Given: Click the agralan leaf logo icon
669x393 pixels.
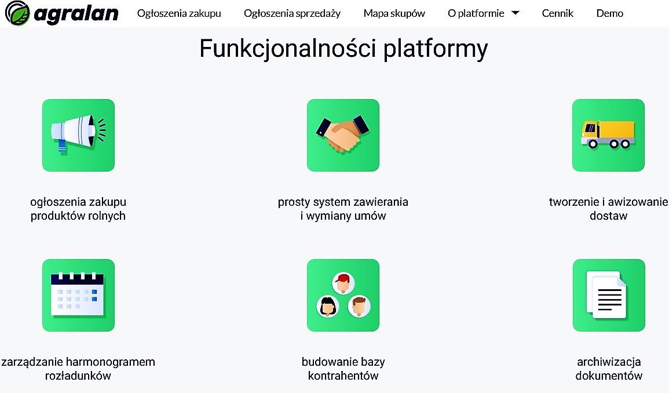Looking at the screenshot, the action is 17,13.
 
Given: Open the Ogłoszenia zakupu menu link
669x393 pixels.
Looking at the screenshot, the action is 179,13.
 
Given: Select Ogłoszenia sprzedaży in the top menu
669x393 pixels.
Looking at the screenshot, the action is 293,13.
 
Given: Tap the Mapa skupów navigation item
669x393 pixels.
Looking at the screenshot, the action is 394,13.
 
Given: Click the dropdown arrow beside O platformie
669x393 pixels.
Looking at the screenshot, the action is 516,13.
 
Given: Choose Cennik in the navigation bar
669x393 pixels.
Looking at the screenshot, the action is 558,13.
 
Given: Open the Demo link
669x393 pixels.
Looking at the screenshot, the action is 610,13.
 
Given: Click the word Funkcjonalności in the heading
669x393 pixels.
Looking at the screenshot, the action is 288,48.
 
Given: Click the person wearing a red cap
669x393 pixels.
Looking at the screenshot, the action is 343,283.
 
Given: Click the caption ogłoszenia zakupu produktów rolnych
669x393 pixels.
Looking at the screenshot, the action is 78,209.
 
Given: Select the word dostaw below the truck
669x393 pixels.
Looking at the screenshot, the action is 608,216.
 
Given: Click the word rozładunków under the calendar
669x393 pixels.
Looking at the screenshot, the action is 78,376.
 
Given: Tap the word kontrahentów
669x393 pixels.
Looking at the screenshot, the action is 343,376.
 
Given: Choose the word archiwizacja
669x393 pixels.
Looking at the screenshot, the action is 609,362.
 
